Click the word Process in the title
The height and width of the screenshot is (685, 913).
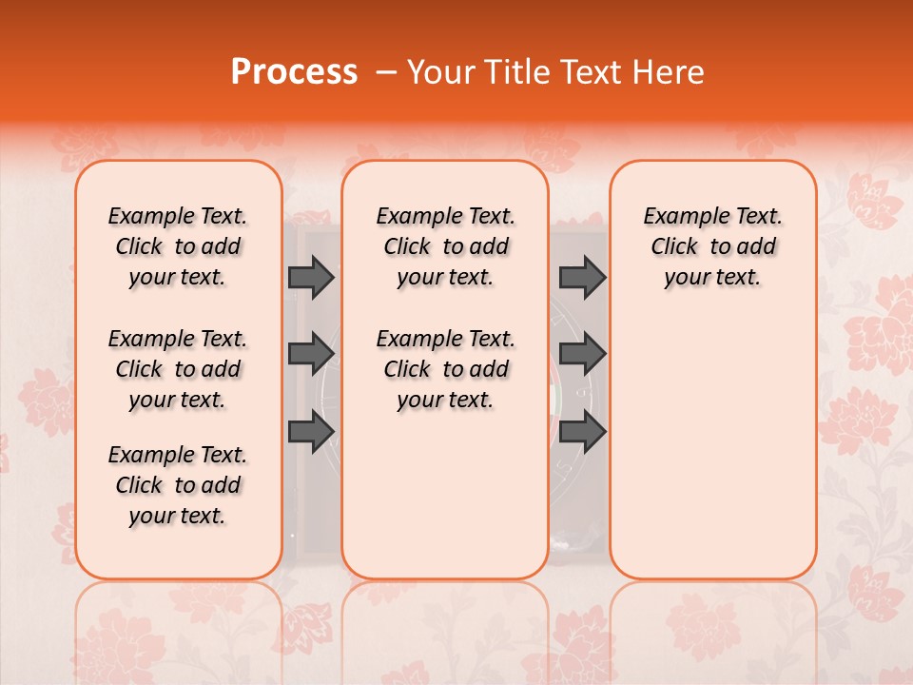pos(293,72)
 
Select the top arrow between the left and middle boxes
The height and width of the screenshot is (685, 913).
pos(311,277)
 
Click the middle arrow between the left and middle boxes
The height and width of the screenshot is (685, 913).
pos(311,354)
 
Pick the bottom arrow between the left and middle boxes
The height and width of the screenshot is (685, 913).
pos(311,432)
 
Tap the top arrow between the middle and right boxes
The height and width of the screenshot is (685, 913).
pos(582,277)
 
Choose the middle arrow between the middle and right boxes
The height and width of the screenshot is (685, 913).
pos(582,354)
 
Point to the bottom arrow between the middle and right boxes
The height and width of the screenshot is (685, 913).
pos(582,432)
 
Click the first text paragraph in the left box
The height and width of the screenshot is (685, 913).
pos(178,246)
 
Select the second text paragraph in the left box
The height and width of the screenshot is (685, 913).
pos(178,369)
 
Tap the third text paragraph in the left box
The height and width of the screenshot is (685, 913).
pos(178,485)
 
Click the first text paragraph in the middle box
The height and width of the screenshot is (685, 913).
pos(445,246)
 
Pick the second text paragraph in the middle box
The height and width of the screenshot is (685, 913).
pos(445,369)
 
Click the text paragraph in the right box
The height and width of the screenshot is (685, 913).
pos(712,246)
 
